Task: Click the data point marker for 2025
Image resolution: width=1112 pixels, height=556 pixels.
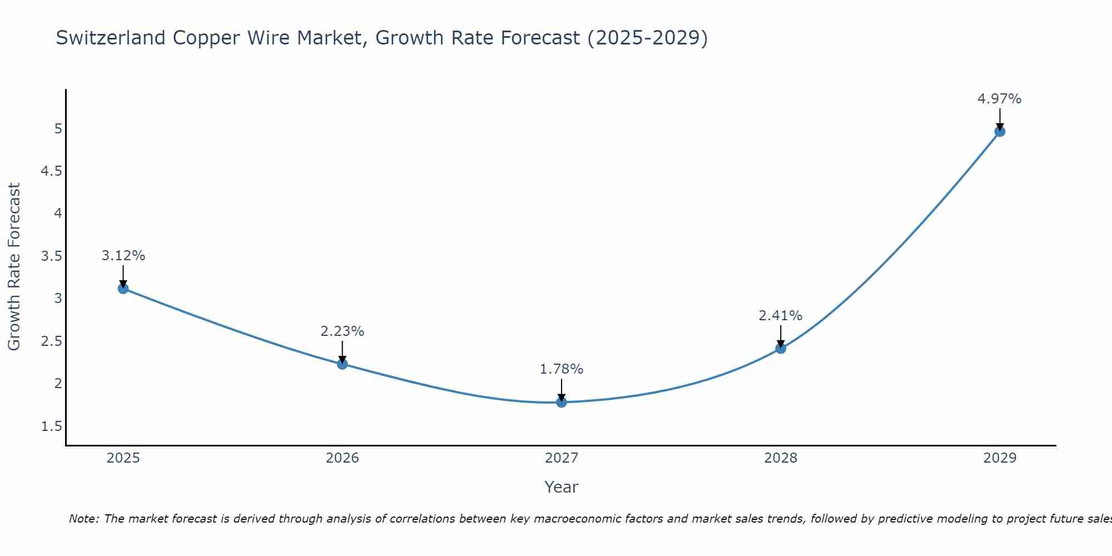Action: tap(123, 288)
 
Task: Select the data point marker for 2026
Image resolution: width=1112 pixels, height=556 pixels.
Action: tap(342, 364)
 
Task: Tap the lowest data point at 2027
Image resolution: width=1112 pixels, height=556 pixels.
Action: tap(562, 402)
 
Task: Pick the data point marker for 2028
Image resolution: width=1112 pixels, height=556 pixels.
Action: tap(781, 349)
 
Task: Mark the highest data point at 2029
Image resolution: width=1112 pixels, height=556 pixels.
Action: tap(1000, 131)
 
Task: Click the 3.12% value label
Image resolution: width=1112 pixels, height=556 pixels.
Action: tap(123, 256)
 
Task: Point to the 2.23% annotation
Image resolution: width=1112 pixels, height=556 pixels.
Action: tap(342, 331)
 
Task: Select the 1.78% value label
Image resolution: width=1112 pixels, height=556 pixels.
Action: tap(562, 369)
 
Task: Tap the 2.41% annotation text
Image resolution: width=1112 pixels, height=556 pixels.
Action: tap(781, 316)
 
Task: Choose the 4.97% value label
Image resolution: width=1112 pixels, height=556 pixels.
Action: tap(1000, 99)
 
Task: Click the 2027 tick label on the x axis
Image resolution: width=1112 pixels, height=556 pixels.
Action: tap(562, 458)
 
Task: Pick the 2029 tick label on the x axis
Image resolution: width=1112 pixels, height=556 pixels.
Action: tap(1000, 458)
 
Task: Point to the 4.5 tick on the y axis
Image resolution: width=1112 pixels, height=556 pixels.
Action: tap(51, 171)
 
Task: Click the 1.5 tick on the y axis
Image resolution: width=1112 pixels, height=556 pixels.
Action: tap(51, 426)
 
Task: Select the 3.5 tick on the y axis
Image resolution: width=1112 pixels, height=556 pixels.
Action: tap(51, 256)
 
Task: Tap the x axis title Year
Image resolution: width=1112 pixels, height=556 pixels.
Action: tap(562, 487)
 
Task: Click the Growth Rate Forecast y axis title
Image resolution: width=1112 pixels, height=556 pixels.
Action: tap(14, 267)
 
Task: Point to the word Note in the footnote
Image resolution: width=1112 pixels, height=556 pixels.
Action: tap(83, 519)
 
